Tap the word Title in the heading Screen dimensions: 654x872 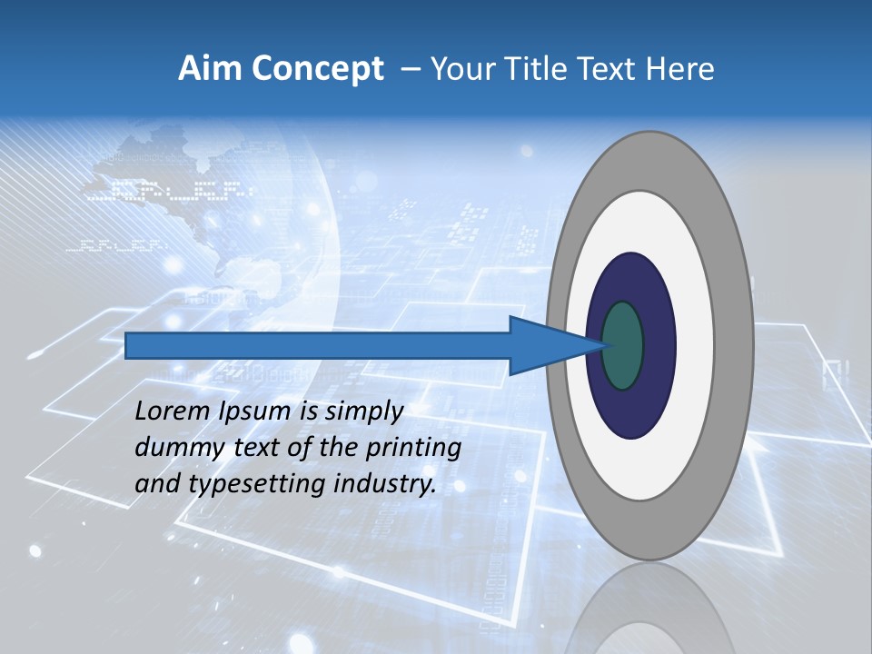pos(537,68)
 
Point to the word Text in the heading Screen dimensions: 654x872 pos(606,68)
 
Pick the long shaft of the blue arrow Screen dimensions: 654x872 pos(318,345)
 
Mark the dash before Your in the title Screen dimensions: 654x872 pos(410,69)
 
